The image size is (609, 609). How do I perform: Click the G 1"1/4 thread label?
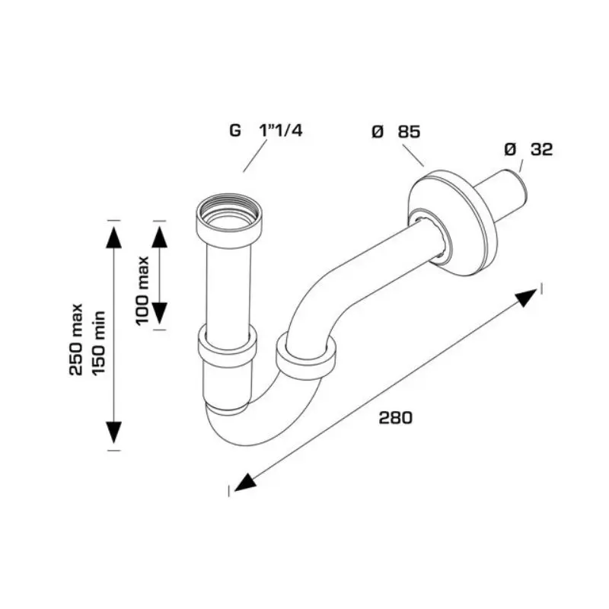pos(266,130)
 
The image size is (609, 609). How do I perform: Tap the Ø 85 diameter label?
pos(396,132)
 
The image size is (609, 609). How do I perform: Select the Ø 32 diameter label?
pos(528,150)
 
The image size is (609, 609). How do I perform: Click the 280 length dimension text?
pos(395,418)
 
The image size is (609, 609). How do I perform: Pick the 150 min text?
pos(100,340)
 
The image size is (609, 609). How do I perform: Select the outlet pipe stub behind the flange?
pos(505,196)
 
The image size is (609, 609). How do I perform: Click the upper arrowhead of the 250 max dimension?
pos(113,235)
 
